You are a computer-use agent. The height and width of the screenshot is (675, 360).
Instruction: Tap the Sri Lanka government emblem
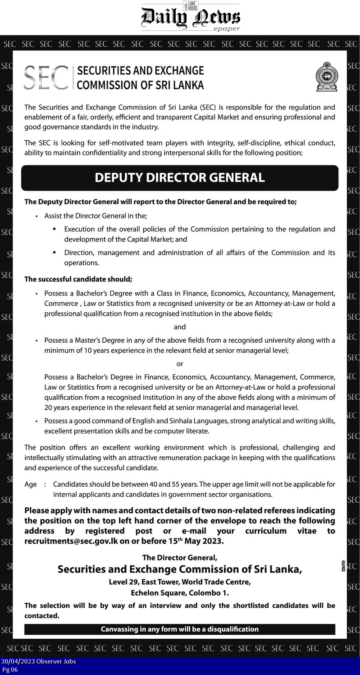[x=327, y=77]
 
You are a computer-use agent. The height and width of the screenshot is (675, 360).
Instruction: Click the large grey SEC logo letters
[x=46, y=77]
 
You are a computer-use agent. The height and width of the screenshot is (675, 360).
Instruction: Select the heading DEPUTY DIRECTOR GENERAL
[x=180, y=178]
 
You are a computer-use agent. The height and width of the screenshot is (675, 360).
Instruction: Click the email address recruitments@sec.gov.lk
[x=71, y=541]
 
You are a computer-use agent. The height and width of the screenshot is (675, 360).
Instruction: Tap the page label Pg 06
[x=10, y=670]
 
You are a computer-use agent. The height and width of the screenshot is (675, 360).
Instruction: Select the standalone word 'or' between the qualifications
[x=180, y=364]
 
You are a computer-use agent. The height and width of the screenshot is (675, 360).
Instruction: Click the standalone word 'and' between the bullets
[x=180, y=327]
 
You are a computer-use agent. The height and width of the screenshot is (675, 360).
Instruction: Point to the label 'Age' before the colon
[x=31, y=485]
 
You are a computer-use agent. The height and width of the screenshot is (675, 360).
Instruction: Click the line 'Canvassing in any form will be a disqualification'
[x=180, y=629]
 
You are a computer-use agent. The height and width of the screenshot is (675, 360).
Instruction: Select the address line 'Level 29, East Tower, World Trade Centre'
[x=180, y=582]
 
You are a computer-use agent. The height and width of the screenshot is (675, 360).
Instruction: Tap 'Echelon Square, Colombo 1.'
[x=180, y=593]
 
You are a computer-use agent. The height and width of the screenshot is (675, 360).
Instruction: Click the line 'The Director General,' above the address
[x=180, y=558]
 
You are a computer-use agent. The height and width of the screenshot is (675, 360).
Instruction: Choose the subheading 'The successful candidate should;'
[x=78, y=279]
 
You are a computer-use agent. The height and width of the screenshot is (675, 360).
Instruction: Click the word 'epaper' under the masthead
[x=226, y=29]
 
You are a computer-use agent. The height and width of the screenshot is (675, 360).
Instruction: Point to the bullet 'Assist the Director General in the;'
[x=96, y=216]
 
